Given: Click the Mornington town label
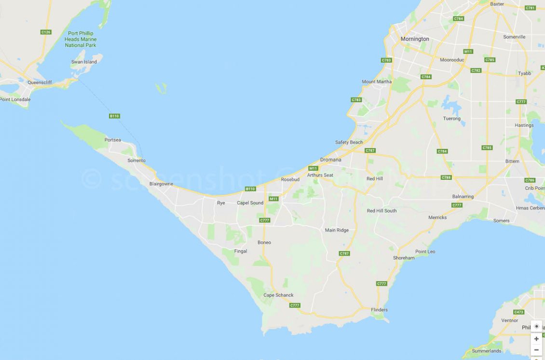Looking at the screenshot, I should [415, 39].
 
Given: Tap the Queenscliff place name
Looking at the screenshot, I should [40, 82].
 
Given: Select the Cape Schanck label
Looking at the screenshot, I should [278, 295].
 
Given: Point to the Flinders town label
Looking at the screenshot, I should [379, 310].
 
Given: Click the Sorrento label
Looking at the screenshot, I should [136, 160].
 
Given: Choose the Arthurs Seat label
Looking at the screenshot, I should [320, 175].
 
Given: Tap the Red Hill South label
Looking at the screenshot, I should [381, 211].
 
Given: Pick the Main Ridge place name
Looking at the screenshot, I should [337, 230].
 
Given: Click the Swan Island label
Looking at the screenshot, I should [84, 62].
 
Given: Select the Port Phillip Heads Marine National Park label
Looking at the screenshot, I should [81, 39].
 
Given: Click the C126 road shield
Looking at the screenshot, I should [46, 32].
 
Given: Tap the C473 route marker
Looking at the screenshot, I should [518, 312].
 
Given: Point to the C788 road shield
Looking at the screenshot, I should [446, 177].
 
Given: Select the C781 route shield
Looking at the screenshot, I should [531, 8].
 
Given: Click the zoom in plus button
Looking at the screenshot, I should [536, 339].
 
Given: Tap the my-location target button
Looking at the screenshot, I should [536, 326].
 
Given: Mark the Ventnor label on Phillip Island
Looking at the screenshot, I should [509, 320].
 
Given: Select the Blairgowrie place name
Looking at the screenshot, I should [161, 184].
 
